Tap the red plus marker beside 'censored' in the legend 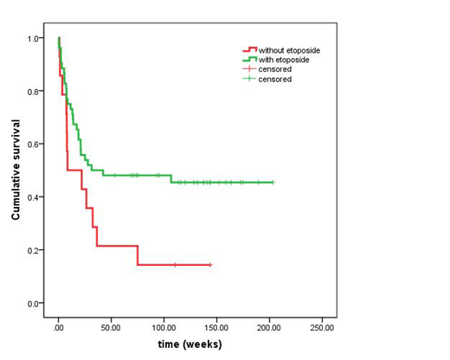(251, 69)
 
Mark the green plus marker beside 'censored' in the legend (251, 79)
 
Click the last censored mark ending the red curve (209, 265)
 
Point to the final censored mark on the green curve (273, 183)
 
